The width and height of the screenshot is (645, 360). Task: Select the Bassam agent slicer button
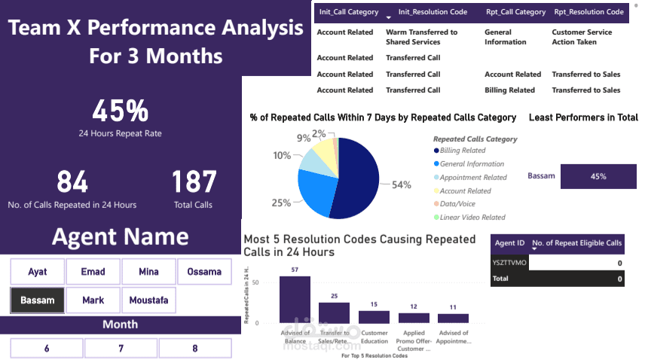pos(38,300)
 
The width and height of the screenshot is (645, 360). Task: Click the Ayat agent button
pos(38,271)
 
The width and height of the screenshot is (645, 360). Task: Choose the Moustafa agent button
pos(148,300)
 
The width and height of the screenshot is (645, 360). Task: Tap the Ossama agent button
pos(204,271)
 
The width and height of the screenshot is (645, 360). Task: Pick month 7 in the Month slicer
pos(121,348)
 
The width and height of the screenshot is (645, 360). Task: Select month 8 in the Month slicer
pos(194,348)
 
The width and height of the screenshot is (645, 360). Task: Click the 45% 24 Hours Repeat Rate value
pos(121,111)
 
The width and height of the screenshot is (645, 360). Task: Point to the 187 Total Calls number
pos(194,182)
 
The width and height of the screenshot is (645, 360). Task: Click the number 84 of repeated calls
pos(72,182)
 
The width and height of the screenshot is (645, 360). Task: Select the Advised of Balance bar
pos(295,299)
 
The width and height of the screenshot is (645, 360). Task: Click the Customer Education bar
pos(374,316)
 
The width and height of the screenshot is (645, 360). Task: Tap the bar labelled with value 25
pos(334,313)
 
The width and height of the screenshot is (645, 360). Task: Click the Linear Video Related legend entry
pos(472,218)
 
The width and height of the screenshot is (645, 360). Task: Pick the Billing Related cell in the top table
pos(509,90)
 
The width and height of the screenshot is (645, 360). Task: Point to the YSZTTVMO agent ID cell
pos(509,264)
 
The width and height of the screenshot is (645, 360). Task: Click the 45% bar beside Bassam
pos(598,176)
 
